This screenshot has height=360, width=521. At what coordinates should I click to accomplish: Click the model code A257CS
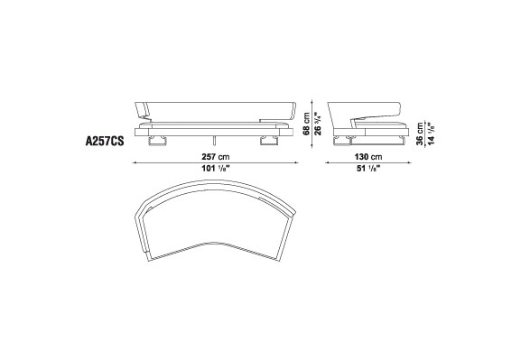click(105, 141)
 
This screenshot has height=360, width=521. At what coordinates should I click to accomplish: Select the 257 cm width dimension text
click(215, 156)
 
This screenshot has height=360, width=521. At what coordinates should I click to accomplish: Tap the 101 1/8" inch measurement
click(216, 169)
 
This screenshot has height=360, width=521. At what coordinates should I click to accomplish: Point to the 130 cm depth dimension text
click(368, 156)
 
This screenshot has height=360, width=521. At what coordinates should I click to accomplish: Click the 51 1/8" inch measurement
click(368, 169)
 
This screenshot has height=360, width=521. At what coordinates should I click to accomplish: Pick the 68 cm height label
click(306, 124)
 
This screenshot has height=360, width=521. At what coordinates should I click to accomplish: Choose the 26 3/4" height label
click(318, 124)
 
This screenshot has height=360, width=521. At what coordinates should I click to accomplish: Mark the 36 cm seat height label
click(420, 134)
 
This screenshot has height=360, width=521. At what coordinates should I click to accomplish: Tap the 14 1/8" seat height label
click(432, 134)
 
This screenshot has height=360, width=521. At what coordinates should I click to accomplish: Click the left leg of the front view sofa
click(157, 141)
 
